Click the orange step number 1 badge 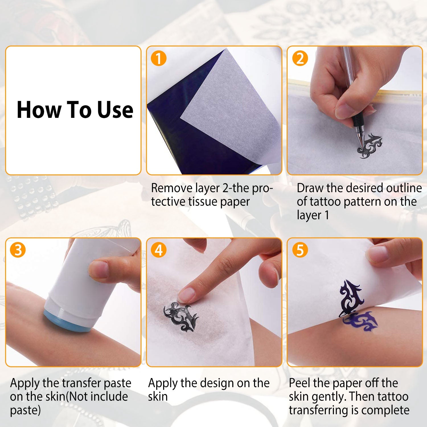[x=159, y=58]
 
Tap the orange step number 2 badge [x=300, y=58]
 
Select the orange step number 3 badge [x=18, y=250]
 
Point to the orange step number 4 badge [x=159, y=250]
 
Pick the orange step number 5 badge [x=300, y=250]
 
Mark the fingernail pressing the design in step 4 [x=186, y=294]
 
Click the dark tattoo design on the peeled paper [x=352, y=298]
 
